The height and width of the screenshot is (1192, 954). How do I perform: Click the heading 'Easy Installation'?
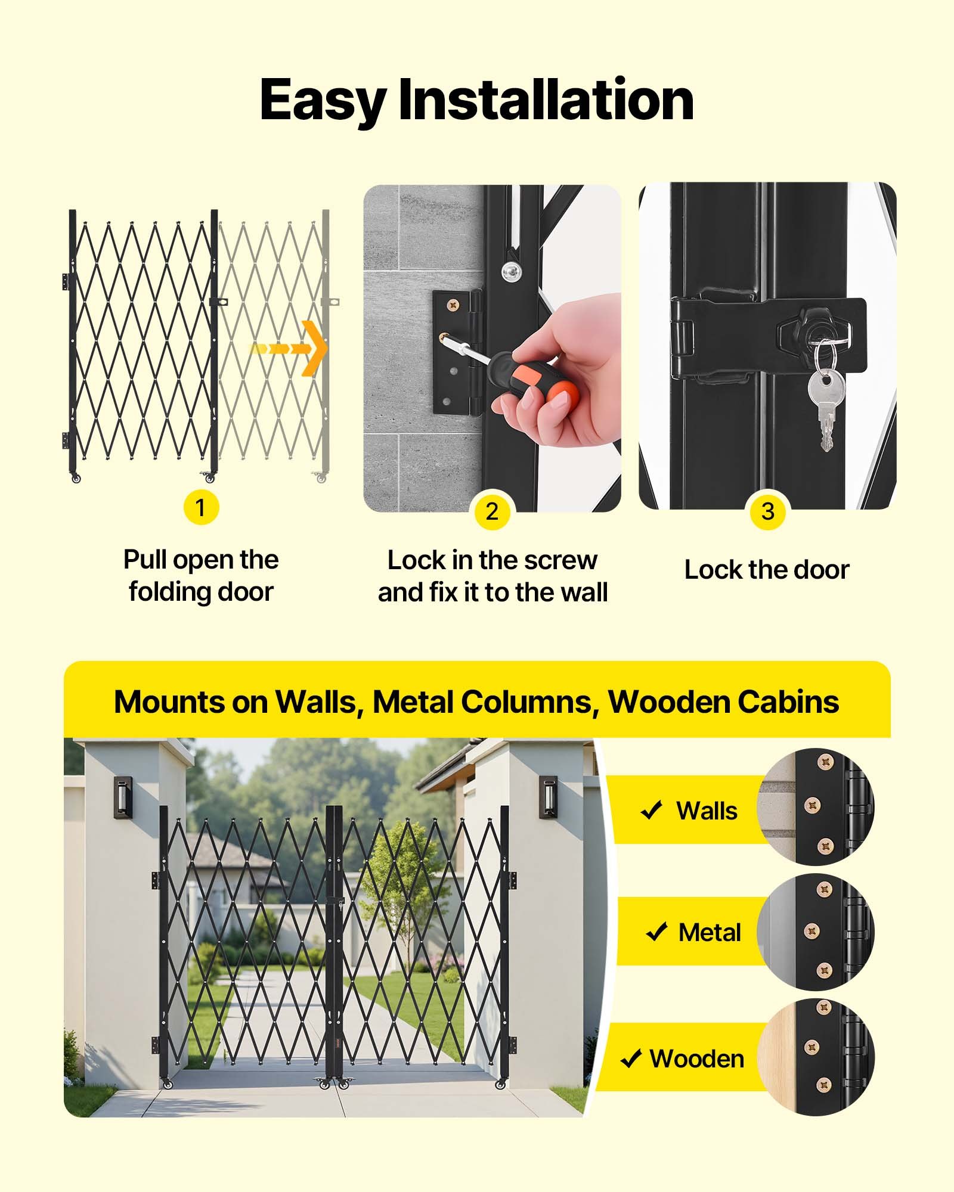point(476,100)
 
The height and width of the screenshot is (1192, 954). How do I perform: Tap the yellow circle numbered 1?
point(201,508)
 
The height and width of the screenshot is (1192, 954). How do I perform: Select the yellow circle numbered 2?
point(492,511)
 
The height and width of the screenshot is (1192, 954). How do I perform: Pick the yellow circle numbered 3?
point(768,511)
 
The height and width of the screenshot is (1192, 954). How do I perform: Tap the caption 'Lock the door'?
point(767,570)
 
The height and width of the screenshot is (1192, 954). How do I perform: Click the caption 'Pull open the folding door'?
point(201,576)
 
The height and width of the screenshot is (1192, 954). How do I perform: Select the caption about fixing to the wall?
point(493,576)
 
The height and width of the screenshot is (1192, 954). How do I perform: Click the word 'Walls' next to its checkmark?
point(707,811)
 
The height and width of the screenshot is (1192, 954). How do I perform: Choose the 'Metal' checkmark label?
point(710,933)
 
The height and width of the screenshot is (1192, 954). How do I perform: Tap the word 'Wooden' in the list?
point(697,1059)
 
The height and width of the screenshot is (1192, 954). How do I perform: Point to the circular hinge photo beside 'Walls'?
point(816,807)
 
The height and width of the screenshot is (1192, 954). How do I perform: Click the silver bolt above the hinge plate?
point(510,272)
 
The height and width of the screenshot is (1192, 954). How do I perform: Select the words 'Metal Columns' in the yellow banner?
point(486,702)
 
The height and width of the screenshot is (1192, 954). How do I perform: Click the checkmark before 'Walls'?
point(651,811)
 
